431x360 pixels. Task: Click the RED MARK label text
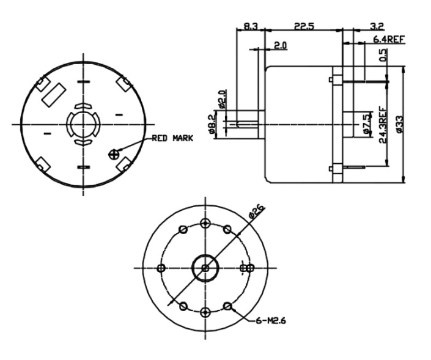click(x=172, y=138)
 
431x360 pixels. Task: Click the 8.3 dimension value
click(x=251, y=27)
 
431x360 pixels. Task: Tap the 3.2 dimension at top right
click(x=377, y=27)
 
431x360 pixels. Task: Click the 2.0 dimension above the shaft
click(x=281, y=46)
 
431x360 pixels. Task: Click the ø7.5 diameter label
click(x=366, y=124)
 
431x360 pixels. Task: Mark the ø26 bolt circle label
click(x=257, y=212)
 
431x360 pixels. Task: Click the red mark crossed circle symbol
click(x=113, y=153)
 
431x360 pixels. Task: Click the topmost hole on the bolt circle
click(x=205, y=221)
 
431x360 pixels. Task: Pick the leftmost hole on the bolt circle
click(x=161, y=268)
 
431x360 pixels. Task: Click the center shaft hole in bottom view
click(x=205, y=268)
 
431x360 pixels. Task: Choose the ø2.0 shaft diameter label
click(x=223, y=98)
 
